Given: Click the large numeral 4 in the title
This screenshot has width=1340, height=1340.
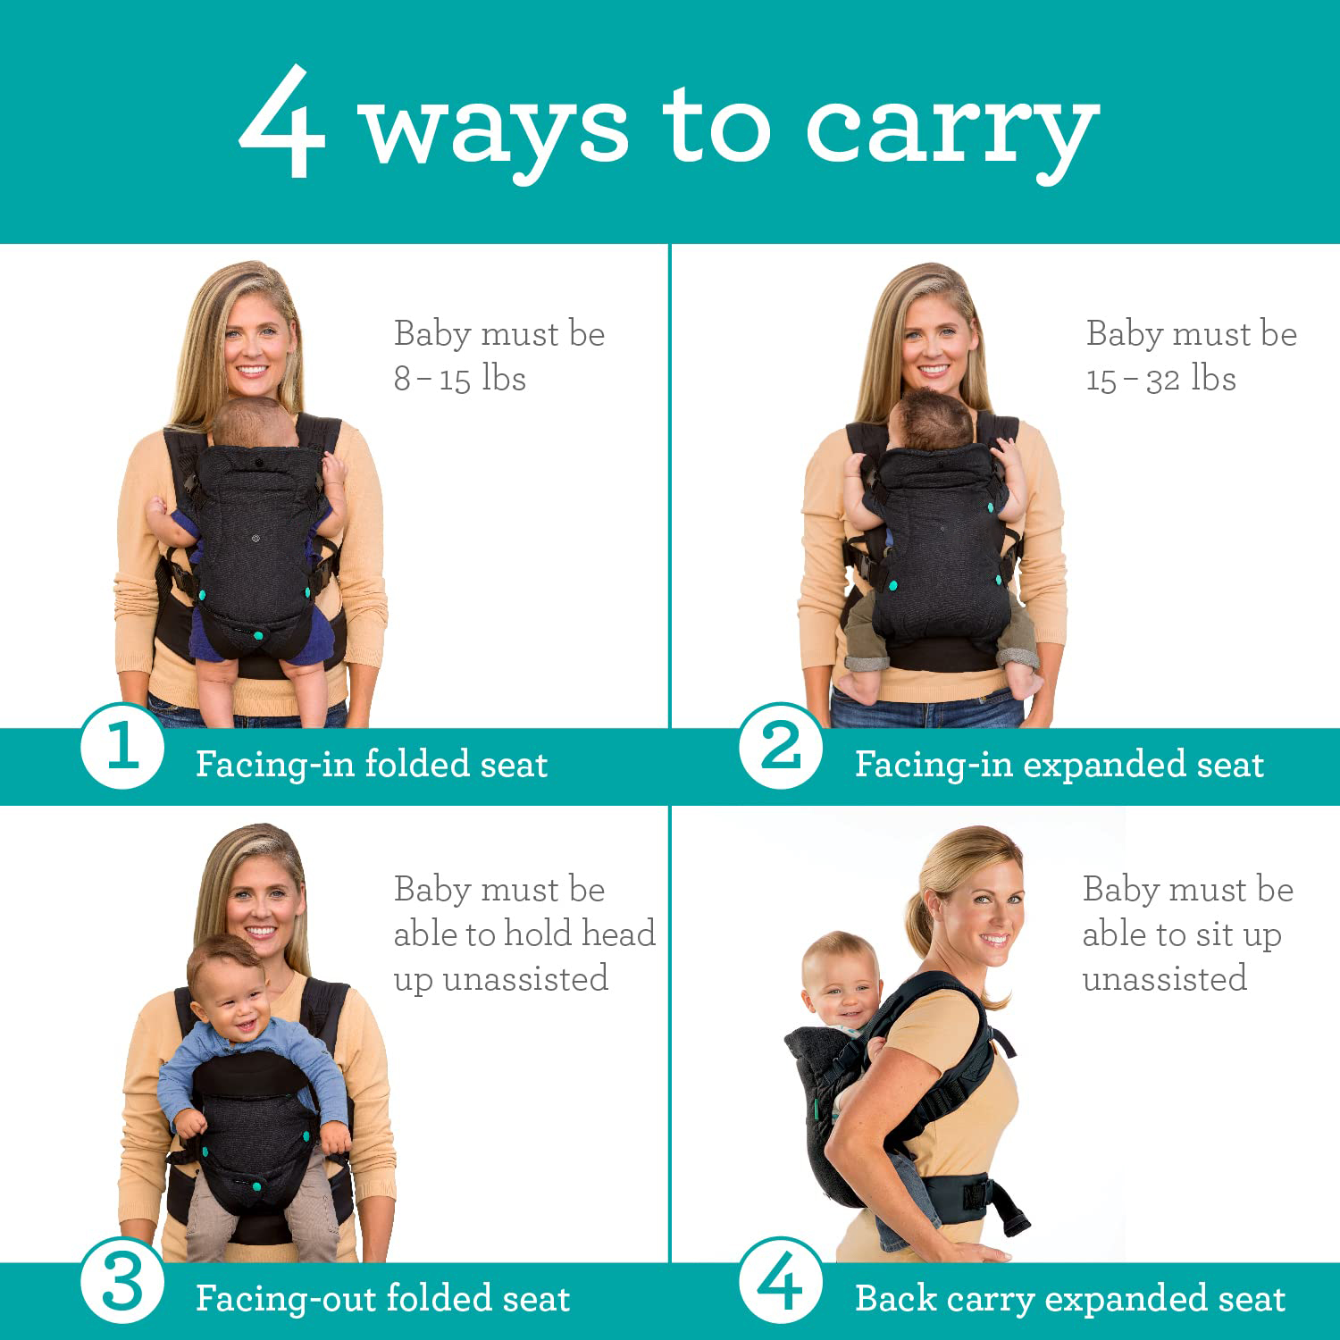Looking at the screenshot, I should click(x=281, y=122).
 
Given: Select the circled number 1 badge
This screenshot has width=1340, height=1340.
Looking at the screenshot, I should click(x=122, y=746).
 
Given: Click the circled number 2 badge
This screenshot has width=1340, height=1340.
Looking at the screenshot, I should click(x=781, y=746).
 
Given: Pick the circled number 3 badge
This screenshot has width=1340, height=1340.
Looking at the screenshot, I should click(x=122, y=1284).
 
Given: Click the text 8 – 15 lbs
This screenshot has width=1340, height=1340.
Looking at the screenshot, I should click(x=460, y=379).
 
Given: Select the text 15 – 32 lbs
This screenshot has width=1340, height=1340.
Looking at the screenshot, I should click(x=1160, y=379).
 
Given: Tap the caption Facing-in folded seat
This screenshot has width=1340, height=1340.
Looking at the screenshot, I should click(x=372, y=765).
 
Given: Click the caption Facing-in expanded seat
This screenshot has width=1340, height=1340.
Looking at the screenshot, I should click(x=1059, y=765).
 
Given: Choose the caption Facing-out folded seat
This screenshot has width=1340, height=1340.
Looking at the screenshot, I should click(x=382, y=1299).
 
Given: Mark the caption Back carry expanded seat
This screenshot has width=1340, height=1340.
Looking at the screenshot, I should click(x=1069, y=1299).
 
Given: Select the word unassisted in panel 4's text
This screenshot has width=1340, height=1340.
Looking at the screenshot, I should click(x=1164, y=979).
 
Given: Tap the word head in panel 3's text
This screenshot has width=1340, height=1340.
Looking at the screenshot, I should click(x=618, y=934).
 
